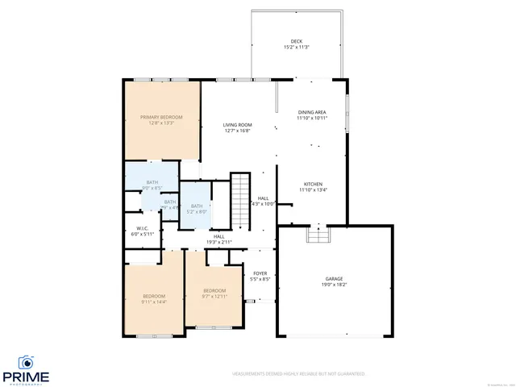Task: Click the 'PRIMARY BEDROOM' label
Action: [160, 117]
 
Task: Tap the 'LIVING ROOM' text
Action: [238, 125]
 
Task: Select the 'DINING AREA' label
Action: [312, 112]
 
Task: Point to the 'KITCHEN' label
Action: [312, 183]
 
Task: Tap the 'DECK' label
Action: [297, 42]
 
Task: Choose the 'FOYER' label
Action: [260, 273]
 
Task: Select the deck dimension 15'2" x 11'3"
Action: [297, 48]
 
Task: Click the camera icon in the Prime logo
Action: [26, 362]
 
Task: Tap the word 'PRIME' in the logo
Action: [26, 376]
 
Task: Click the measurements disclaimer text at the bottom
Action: [298, 374]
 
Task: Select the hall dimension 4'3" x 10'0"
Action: [264, 204]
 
